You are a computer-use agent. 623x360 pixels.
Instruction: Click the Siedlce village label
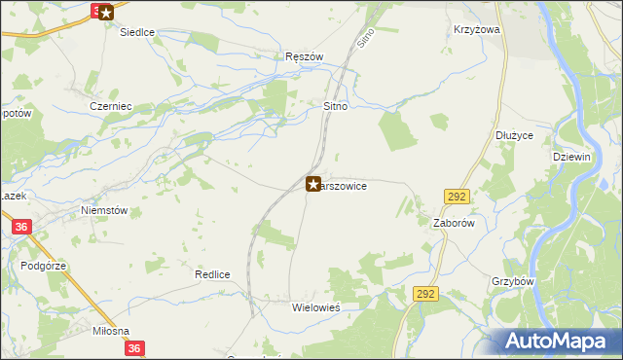pos(137,32)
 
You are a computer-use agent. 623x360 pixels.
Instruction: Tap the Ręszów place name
pos(304,56)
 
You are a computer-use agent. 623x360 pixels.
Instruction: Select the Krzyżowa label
pos(476,30)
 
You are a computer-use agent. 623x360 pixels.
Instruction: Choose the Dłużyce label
pos(514,135)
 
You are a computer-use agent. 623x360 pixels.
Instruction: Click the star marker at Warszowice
pos(313,183)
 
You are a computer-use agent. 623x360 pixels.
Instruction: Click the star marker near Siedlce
pos(105,13)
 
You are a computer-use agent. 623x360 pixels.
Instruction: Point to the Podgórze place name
pos(42,265)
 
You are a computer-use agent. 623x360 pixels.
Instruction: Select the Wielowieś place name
pos(316,306)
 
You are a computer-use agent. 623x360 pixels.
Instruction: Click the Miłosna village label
pos(110,331)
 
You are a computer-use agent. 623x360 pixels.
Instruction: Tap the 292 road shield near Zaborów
pos(458,197)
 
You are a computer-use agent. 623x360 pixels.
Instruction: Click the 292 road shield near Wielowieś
pos(424,293)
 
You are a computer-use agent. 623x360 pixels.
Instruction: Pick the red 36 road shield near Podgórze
pos(20,227)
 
